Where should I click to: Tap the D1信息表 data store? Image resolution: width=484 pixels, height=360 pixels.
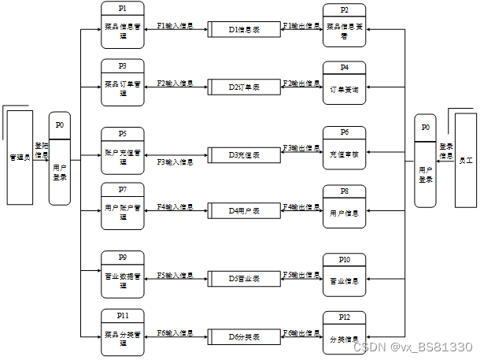tap(245, 29)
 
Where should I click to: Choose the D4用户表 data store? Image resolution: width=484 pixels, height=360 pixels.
tap(245, 210)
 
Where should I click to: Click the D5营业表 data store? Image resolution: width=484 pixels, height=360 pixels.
tap(245, 278)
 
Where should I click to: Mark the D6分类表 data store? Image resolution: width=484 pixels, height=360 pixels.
tap(245, 336)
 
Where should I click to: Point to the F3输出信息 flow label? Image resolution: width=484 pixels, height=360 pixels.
tap(301, 148)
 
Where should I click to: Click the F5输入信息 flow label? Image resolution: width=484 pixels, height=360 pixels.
tap(175, 276)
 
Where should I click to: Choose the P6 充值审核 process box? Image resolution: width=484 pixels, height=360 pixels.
tap(345, 148)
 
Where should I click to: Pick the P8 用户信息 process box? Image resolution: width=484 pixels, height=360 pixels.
tap(345, 206)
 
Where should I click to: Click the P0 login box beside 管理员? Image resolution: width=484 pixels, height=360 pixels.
tap(60, 159)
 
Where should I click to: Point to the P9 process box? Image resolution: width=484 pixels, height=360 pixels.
tap(123, 273)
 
